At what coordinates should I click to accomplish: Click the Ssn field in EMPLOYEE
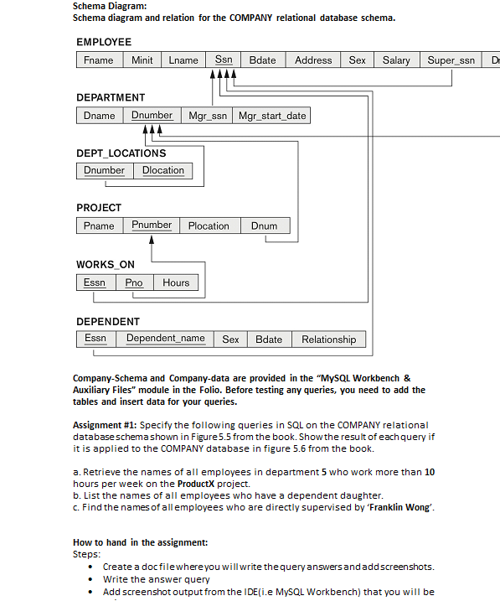tap(224, 60)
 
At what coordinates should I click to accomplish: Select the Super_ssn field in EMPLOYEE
tap(451, 60)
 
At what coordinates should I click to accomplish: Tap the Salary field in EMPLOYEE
tap(396, 60)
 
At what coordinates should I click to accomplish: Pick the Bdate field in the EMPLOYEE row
tap(262, 60)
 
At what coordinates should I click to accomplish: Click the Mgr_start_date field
tap(272, 116)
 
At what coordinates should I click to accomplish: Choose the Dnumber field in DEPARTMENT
tap(152, 116)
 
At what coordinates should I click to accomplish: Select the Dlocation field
tap(163, 170)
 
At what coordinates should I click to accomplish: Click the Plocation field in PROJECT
tap(209, 225)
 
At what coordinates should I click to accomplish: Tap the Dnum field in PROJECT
tap(264, 225)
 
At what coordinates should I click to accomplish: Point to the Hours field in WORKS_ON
tap(176, 282)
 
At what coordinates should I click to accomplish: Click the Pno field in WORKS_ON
tap(134, 282)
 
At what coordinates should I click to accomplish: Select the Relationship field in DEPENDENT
tap(328, 339)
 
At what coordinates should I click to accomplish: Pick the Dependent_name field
tap(165, 339)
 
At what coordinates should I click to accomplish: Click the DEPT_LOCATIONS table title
tap(121, 153)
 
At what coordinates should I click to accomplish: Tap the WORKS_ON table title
tap(105, 265)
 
